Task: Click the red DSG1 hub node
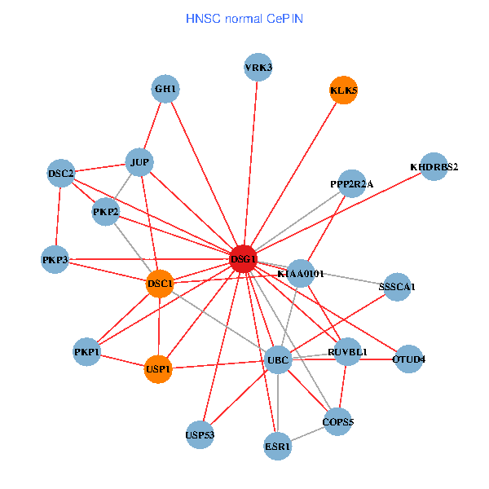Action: point(244,259)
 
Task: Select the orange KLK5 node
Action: point(343,90)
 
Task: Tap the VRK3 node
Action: point(258,68)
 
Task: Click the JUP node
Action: point(140,162)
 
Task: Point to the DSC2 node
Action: point(61,174)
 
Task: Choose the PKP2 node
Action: point(106,213)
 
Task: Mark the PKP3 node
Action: point(55,260)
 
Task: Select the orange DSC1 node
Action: point(160,284)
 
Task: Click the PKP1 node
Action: point(86,352)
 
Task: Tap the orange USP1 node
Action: point(158,369)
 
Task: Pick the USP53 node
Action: point(200,434)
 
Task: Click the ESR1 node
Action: point(278,446)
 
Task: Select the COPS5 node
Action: point(337,421)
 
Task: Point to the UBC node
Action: point(279,359)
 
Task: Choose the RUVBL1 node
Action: point(348,352)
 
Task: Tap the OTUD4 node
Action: point(408,359)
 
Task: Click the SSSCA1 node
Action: point(397,287)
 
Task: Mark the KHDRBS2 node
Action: point(434,167)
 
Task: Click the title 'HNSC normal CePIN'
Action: point(244,17)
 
